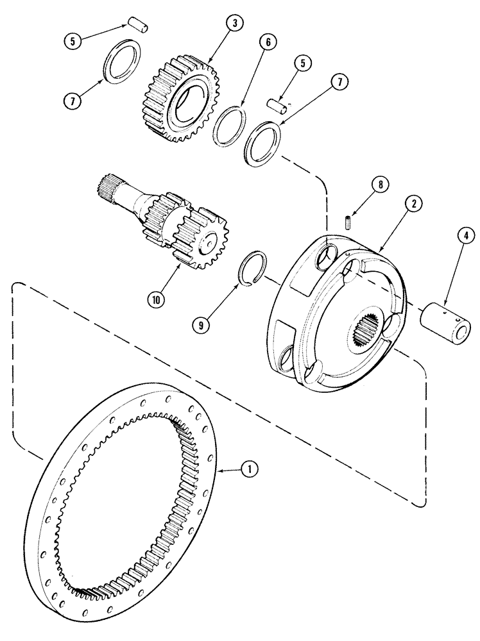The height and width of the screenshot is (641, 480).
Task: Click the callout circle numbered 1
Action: [250, 470]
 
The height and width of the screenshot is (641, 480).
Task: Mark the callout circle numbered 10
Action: [156, 298]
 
